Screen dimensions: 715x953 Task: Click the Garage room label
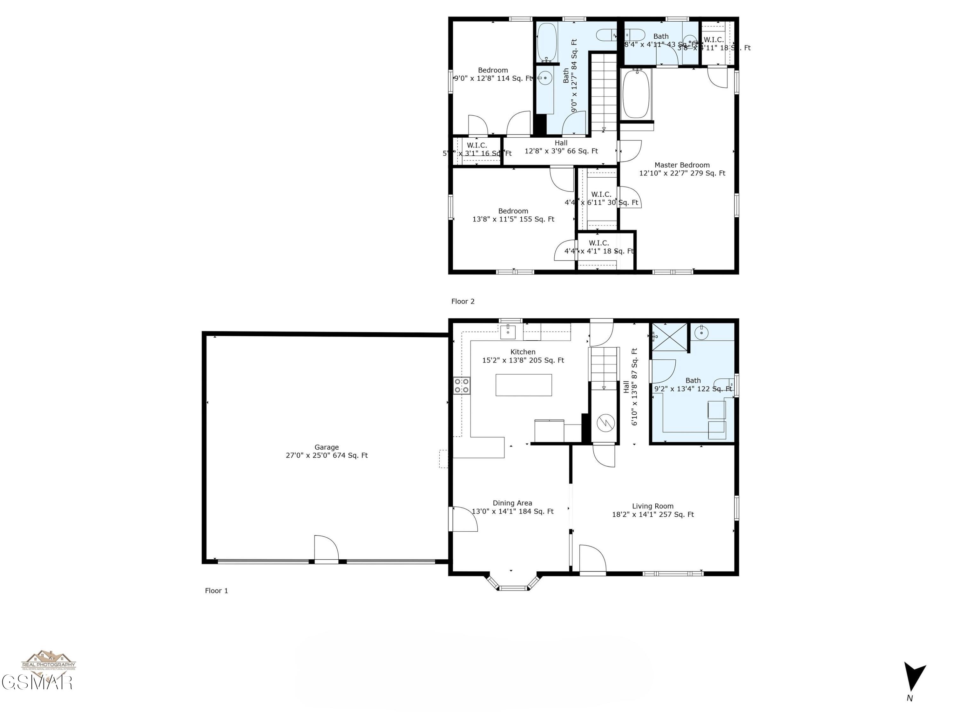pyautogui.click(x=327, y=451)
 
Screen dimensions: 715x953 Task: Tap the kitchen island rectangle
pyautogui.click(x=524, y=385)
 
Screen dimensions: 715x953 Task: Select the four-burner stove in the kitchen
pyautogui.click(x=462, y=385)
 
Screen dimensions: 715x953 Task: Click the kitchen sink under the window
pyautogui.click(x=508, y=331)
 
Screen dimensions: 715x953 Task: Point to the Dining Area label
pyautogui.click(x=512, y=507)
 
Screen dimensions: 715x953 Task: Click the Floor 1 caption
pyautogui.click(x=216, y=590)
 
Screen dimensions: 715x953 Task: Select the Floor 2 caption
pyautogui.click(x=463, y=301)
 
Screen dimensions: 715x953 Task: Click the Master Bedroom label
pyautogui.click(x=682, y=169)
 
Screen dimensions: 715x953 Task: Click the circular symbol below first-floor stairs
pyautogui.click(x=605, y=423)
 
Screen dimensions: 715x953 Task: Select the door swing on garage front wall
pyautogui.click(x=326, y=548)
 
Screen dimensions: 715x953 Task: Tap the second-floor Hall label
pyautogui.click(x=561, y=147)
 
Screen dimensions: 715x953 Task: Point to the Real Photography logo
pyautogui.click(x=49, y=661)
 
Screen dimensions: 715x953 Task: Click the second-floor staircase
pyautogui.click(x=604, y=93)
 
